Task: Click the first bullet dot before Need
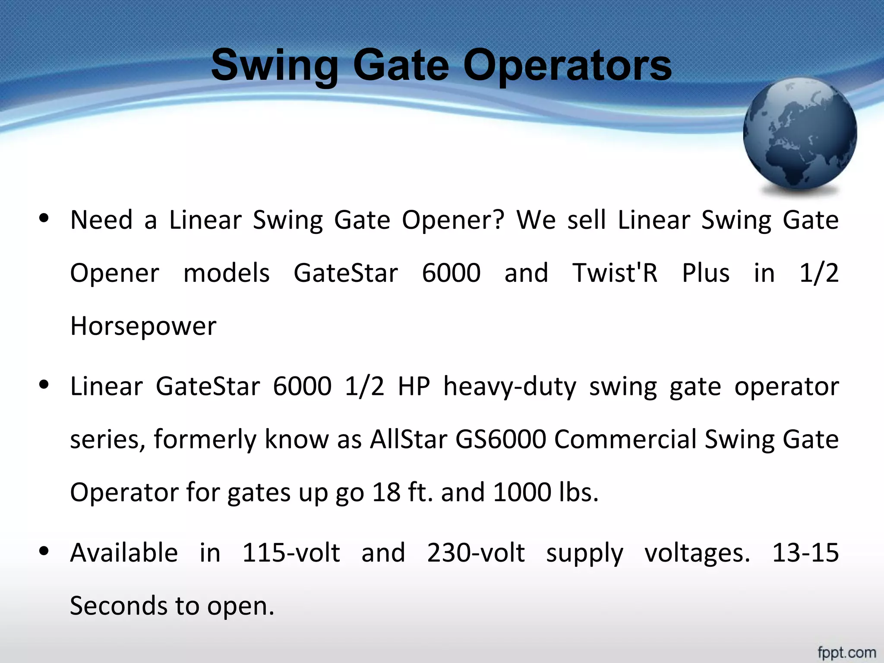[44, 218]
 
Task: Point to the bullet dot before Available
[44, 551]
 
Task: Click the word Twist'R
[615, 273]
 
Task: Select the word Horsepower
[143, 326]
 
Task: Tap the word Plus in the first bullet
[706, 273]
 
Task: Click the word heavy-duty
[510, 387]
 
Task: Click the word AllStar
[408, 439]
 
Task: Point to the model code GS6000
[501, 439]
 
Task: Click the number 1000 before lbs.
[522, 493]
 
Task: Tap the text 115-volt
[291, 553]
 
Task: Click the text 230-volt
[476, 553]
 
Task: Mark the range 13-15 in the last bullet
[805, 553]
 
